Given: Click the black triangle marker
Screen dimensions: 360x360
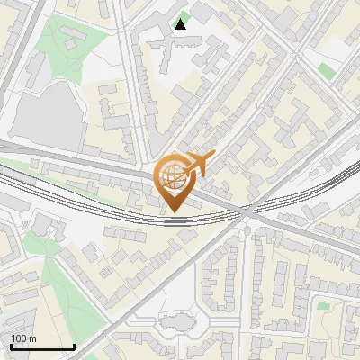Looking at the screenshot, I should click(x=182, y=24).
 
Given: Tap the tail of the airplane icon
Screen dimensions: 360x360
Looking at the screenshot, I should click(x=183, y=171).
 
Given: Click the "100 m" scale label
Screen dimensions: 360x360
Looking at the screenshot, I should click(x=22, y=338).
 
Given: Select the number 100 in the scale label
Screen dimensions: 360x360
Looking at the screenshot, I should click(x=18, y=338).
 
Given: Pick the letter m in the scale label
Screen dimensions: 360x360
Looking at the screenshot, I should click(x=31, y=338).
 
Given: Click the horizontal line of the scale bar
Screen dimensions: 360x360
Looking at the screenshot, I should click(x=41, y=346).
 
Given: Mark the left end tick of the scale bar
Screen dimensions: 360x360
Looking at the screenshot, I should click(x=10, y=345).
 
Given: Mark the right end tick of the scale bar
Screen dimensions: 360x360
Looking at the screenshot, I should click(x=74, y=345).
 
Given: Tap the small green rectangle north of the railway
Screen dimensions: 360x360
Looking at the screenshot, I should click(x=325, y=69).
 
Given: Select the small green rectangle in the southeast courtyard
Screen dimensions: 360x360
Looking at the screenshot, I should click(x=322, y=305).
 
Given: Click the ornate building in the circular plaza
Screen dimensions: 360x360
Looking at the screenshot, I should click(x=176, y=321).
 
